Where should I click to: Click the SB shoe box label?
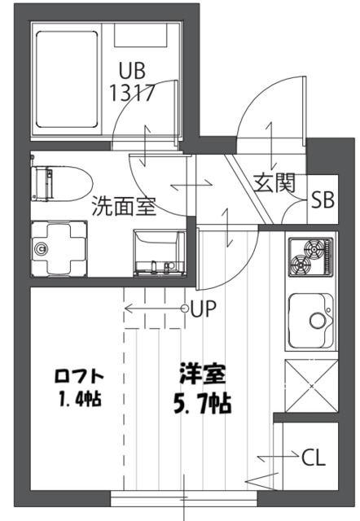[323, 199]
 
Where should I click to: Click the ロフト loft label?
[79, 376]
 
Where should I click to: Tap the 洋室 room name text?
[203, 376]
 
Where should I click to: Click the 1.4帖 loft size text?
[79, 400]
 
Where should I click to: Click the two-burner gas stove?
[310, 256]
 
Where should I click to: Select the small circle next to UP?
[185, 309]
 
